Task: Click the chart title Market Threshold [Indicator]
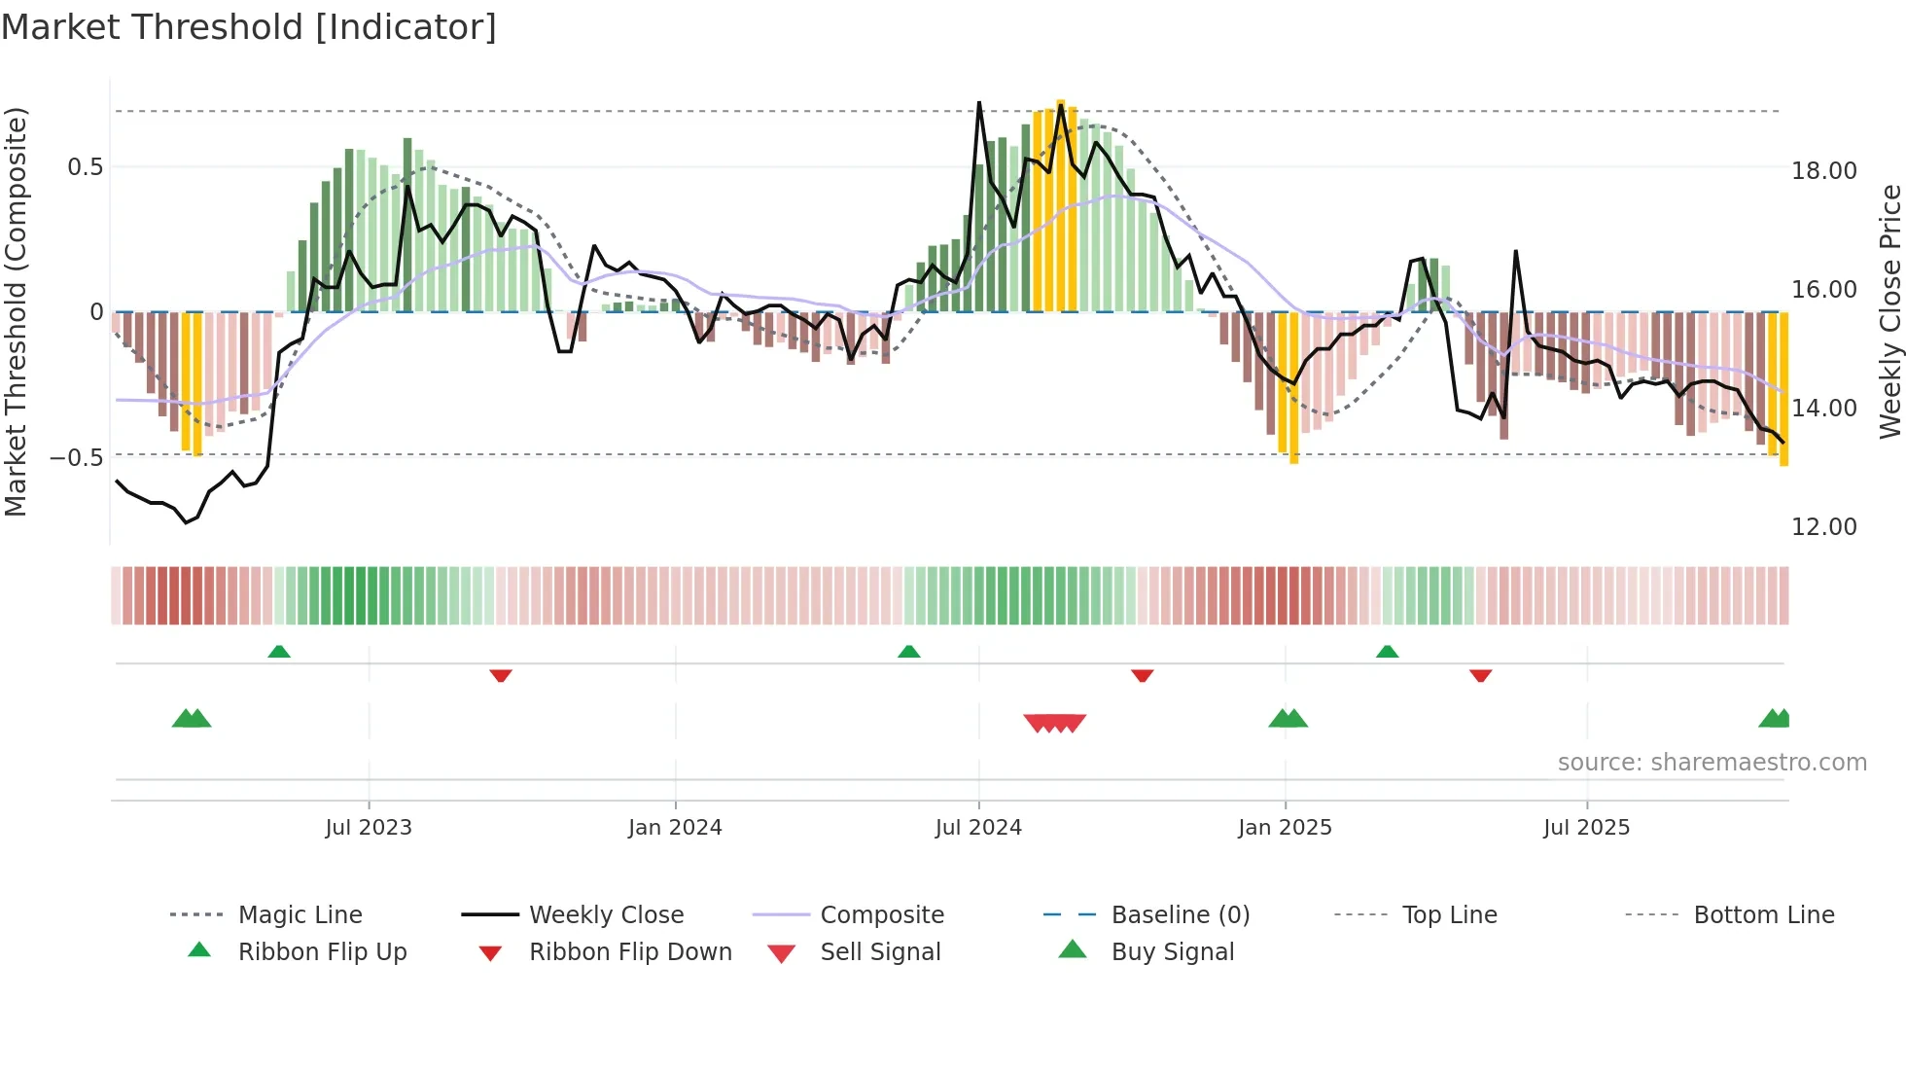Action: [x=249, y=27]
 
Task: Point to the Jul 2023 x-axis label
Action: [x=369, y=828]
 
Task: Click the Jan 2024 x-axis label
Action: [x=675, y=828]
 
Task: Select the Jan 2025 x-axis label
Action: [x=1285, y=828]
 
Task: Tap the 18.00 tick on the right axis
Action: [x=1824, y=171]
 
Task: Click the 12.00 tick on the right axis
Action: [x=1824, y=527]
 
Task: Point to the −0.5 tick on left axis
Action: [x=77, y=457]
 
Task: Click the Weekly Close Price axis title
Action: [x=1889, y=311]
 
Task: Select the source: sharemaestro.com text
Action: [x=1712, y=763]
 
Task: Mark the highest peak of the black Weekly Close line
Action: [x=979, y=102]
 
